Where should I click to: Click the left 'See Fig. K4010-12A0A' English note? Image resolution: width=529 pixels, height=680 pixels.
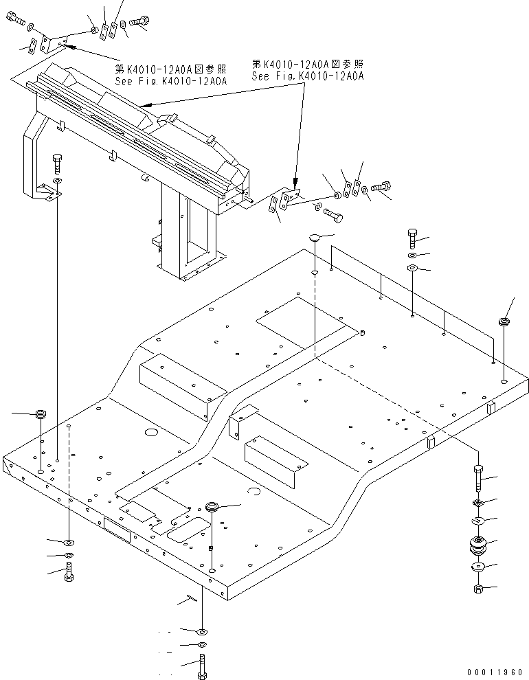pos(171,80)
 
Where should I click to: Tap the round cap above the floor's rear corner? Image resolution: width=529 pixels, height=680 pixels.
pos(313,238)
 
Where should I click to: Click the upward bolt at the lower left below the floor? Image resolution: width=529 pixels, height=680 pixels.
pos(69,571)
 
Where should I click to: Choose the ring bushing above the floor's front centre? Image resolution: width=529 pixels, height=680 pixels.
pos(214,508)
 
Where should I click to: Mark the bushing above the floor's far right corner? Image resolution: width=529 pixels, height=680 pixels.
pos(505,321)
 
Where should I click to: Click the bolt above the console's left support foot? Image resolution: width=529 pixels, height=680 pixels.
pos(57,163)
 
